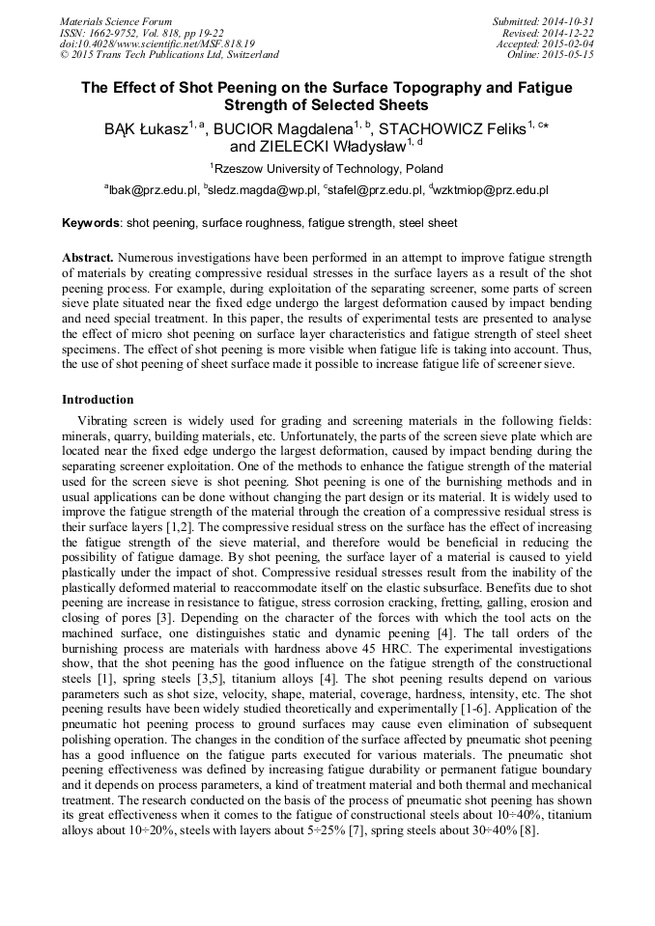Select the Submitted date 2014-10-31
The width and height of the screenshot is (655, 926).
(x=569, y=21)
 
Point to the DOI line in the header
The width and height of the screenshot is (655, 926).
(x=157, y=44)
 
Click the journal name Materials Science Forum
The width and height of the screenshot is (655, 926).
(x=116, y=21)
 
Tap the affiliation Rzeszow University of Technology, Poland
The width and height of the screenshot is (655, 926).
(x=329, y=168)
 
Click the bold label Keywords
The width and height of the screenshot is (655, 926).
(x=91, y=224)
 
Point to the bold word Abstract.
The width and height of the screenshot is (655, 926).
(x=88, y=260)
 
